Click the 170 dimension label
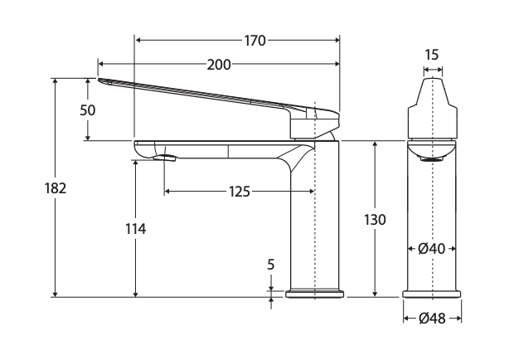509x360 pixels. (x=254, y=41)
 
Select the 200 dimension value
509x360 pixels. (x=219, y=65)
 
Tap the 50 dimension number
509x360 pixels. (x=88, y=110)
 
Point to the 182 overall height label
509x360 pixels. (x=56, y=188)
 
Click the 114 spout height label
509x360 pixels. (x=136, y=229)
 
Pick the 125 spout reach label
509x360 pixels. (x=240, y=192)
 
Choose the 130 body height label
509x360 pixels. (x=375, y=220)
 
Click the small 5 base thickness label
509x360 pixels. (x=271, y=265)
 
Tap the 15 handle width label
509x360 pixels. (x=432, y=55)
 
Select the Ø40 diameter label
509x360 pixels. (x=432, y=249)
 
